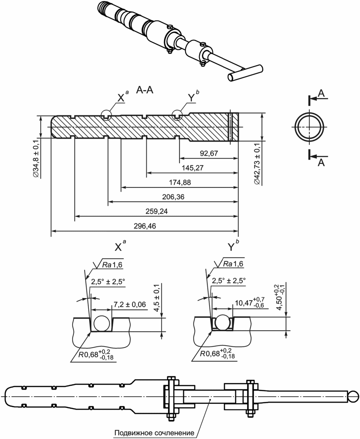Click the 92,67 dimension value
click(x=209, y=153)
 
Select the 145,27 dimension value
click(x=192, y=168)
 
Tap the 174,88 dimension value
click(x=180, y=182)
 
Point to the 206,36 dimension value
click(x=173, y=197)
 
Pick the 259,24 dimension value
click(x=157, y=211)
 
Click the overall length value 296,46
click(x=145, y=226)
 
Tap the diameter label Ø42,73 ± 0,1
click(x=257, y=164)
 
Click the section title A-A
click(x=145, y=90)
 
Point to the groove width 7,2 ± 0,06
click(x=129, y=305)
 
